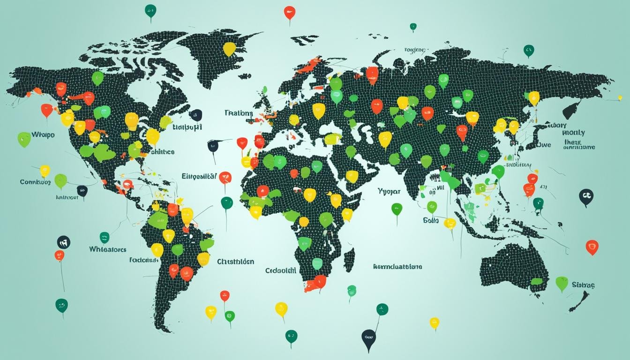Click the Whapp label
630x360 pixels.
click(x=43, y=135)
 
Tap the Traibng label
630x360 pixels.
click(x=238, y=113)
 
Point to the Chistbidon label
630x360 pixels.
click(x=236, y=262)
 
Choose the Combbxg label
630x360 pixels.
click(x=35, y=181)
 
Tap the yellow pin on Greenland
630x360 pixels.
click(x=229, y=48)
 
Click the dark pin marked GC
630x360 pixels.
click(x=586, y=196)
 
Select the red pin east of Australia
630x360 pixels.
click(x=592, y=247)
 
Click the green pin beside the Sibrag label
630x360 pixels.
click(x=562, y=283)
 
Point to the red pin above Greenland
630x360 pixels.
click(x=290, y=12)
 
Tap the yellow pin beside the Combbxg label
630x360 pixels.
click(x=45, y=170)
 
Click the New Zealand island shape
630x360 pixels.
click(x=579, y=300)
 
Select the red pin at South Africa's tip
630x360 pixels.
click(x=320, y=281)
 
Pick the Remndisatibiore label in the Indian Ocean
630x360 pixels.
click(x=397, y=266)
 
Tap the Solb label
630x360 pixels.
click(x=430, y=220)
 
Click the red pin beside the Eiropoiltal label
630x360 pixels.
click(x=225, y=177)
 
